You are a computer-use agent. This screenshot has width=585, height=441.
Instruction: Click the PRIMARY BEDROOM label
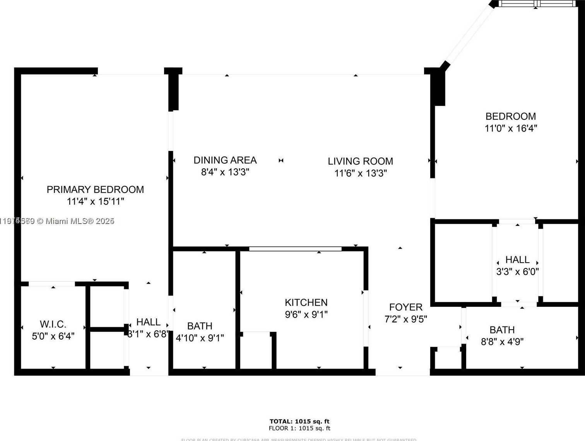pos(95,190)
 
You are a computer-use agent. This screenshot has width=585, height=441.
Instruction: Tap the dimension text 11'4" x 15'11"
pos(95,202)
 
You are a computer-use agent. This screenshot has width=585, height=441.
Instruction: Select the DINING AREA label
pos(225,160)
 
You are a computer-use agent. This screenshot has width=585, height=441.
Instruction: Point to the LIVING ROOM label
pos(360,161)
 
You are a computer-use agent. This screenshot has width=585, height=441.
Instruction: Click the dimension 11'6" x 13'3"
pos(360,173)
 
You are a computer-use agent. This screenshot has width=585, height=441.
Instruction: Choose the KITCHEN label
pos(306,303)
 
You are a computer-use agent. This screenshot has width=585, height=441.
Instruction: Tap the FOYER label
pos(405,307)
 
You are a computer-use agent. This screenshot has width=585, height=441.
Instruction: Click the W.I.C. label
pos(53,324)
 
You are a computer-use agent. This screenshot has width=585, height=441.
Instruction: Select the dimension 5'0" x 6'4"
pos(53,336)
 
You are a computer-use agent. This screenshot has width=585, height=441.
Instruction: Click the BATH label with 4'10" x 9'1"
pos(200,326)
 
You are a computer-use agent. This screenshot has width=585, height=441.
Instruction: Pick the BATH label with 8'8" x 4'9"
pos(502,330)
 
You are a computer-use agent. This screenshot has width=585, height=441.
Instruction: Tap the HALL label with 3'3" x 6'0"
pos(517,260)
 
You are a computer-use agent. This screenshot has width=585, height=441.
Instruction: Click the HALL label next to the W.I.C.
pos(148,322)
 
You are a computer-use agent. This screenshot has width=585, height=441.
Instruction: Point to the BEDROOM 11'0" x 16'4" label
pos(511,116)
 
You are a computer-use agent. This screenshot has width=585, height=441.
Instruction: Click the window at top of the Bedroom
pos(537,3)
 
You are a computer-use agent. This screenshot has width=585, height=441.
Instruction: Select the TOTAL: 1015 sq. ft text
pos(299,421)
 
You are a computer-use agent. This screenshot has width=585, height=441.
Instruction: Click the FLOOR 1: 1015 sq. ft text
pos(299,428)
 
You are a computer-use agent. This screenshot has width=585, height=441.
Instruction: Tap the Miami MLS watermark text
pos(58,221)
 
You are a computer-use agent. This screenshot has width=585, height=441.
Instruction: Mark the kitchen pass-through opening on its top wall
pos(295,249)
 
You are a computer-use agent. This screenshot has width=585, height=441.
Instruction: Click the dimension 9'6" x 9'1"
pos(306,315)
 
